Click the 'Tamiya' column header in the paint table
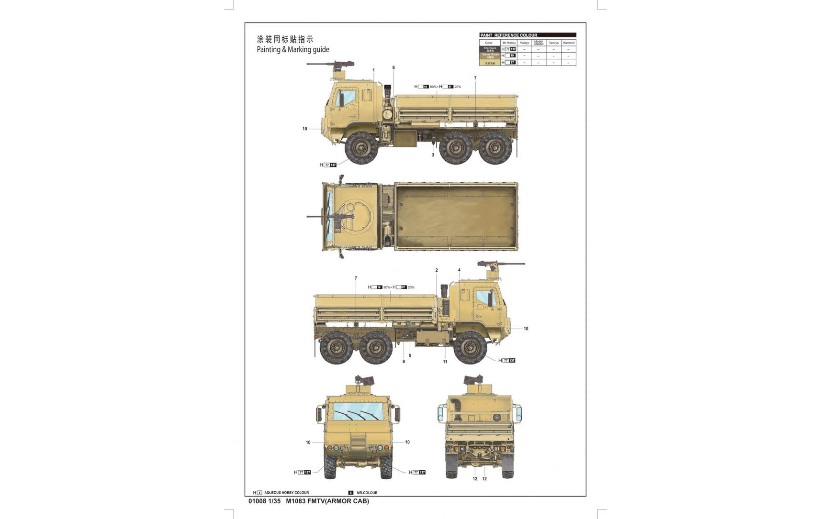pos(553,43)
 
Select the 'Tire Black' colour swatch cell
pos(490,49)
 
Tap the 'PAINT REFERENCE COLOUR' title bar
pos(528,35)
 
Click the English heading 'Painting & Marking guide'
pos(293,49)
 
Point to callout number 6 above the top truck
pos(393,67)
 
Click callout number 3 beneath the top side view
pos(433,155)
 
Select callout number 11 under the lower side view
pos(445,362)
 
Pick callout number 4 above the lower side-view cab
pos(459,270)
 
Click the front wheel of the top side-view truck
pos(361,148)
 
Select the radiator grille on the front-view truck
pos(358,443)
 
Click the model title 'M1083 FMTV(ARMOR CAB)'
pos(327,501)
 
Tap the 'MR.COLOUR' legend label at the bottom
pos(367,493)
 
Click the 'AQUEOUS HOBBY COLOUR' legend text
pos(286,493)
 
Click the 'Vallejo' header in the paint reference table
pos(524,43)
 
